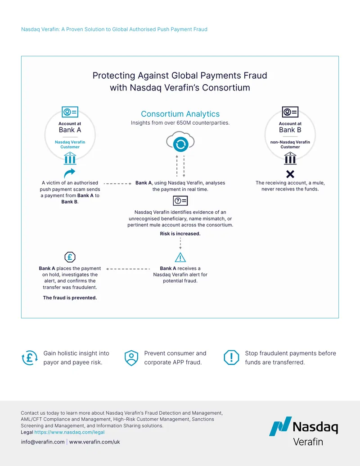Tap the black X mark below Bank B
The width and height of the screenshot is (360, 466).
[x=290, y=174]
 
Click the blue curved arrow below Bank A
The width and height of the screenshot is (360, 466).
[x=69, y=173]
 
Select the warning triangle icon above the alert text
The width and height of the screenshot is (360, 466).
[x=180, y=258]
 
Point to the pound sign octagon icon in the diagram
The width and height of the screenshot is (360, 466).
[x=70, y=257]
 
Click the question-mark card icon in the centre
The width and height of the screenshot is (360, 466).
[x=180, y=201]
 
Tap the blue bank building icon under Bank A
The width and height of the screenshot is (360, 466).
[x=70, y=158]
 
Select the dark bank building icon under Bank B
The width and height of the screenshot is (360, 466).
[x=290, y=158]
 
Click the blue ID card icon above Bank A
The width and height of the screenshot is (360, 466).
[x=70, y=112]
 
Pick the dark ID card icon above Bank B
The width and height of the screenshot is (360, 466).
[x=290, y=112]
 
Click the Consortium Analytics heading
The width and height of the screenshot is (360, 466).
[x=180, y=114]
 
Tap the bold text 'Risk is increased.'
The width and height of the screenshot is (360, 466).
[x=180, y=234]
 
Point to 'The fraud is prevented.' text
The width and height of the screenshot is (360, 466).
[x=70, y=298]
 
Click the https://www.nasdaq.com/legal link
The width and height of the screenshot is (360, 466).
[x=69, y=432]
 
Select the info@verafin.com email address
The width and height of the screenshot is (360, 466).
[x=43, y=442]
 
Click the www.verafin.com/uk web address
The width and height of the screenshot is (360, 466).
[x=95, y=442]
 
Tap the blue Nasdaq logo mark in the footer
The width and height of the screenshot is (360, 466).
[x=280, y=426]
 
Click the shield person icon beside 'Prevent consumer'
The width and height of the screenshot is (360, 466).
[x=131, y=358]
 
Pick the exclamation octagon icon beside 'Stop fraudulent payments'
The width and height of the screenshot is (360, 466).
[x=231, y=357]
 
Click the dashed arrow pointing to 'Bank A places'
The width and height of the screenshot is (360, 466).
[x=128, y=269]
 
